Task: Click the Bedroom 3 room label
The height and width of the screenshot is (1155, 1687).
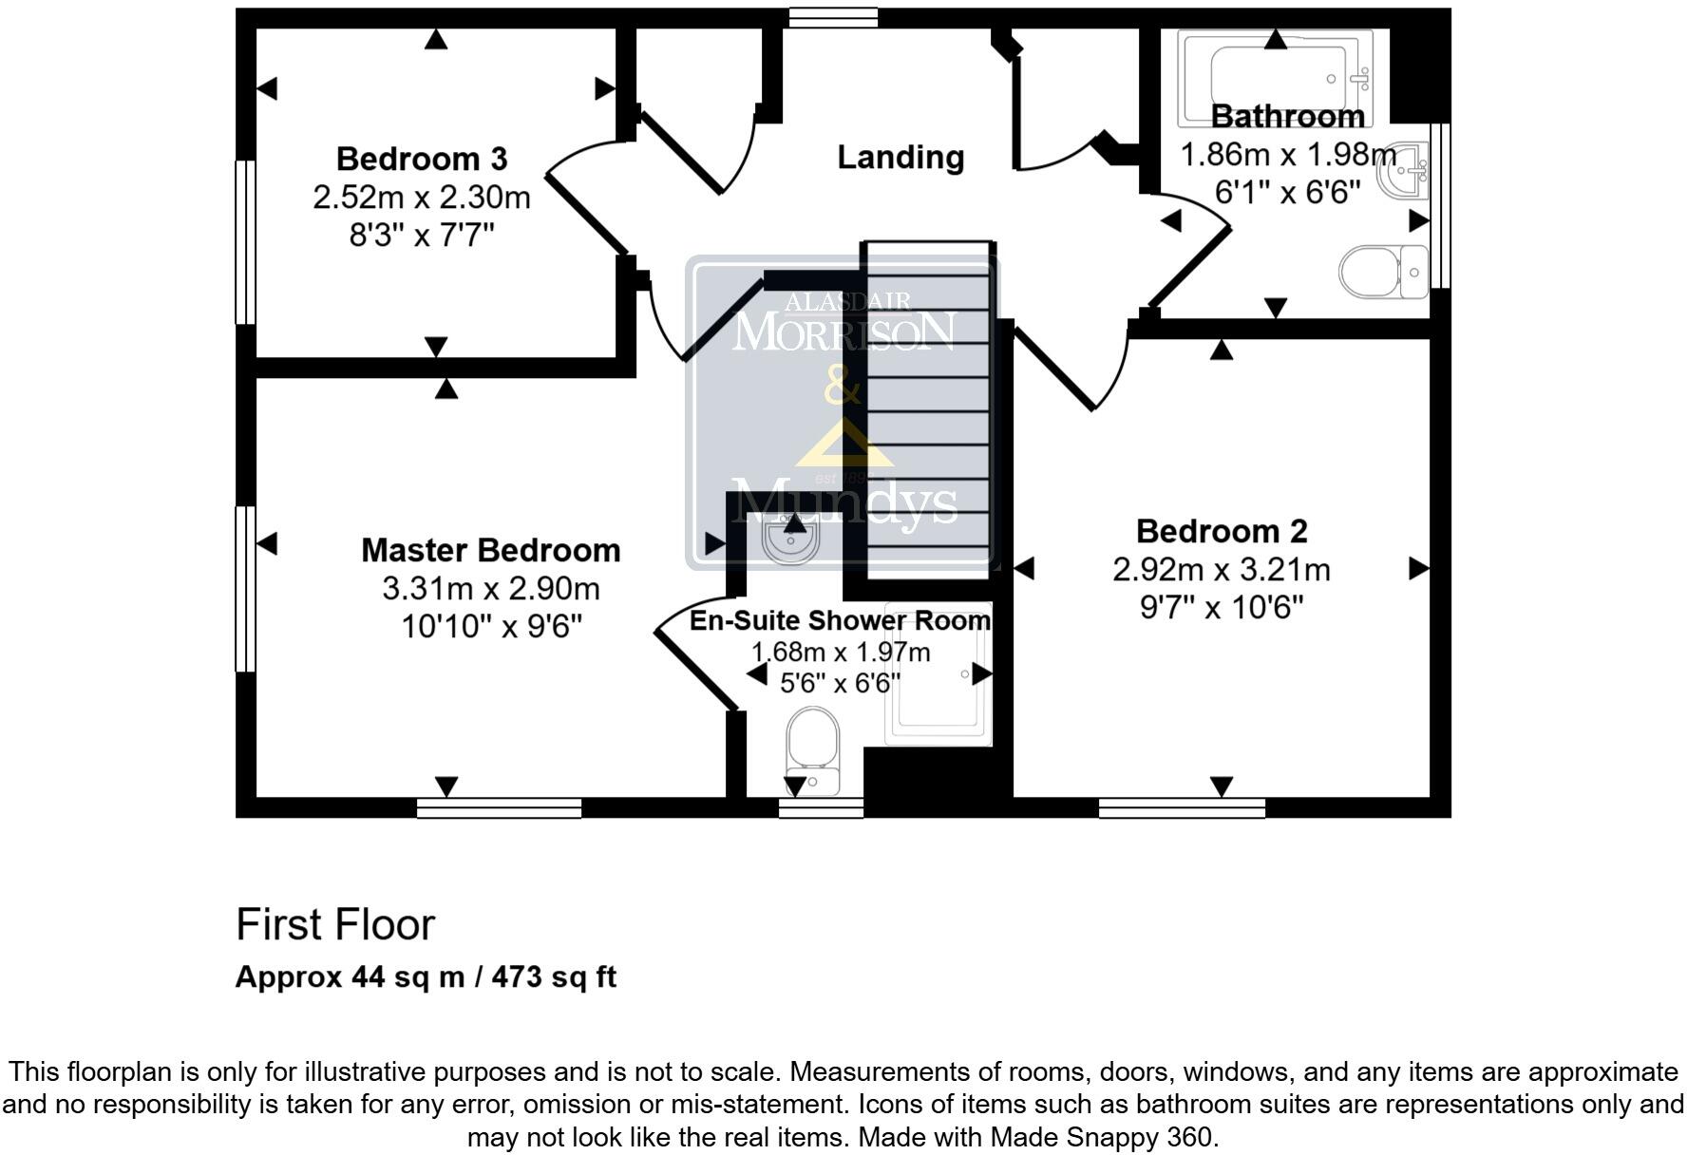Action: [x=421, y=158]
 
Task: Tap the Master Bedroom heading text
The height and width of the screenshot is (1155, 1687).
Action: [x=490, y=550]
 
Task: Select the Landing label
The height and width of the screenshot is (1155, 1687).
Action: [x=900, y=157]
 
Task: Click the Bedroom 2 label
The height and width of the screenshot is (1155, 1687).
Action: [x=1221, y=530]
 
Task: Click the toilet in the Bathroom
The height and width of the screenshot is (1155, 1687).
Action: [x=1383, y=272]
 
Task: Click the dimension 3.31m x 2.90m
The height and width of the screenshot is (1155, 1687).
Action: [x=490, y=589]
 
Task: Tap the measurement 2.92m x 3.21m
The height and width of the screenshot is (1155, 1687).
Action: [x=1221, y=570]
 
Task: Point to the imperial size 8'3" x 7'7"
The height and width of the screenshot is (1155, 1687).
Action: [x=421, y=234]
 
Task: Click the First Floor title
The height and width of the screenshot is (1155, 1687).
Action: [x=334, y=924]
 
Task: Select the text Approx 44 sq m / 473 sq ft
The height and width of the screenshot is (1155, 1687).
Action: [x=426, y=976]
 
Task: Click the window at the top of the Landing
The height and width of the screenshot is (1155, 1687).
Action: [x=833, y=17]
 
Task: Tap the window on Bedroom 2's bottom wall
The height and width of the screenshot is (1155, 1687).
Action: [x=1182, y=808]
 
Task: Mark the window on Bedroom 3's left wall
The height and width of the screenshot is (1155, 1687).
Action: [x=245, y=242]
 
